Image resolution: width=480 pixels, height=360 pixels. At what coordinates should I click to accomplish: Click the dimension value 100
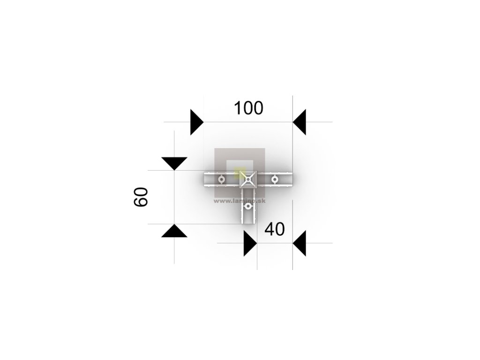click(x=248, y=108)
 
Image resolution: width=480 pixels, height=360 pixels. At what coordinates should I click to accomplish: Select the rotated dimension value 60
click(x=141, y=197)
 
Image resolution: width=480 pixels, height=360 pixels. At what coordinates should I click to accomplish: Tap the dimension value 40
click(x=275, y=229)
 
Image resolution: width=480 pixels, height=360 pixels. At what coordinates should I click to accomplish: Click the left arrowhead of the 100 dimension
click(x=196, y=122)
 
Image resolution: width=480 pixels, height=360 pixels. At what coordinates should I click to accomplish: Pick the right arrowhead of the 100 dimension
click(x=300, y=122)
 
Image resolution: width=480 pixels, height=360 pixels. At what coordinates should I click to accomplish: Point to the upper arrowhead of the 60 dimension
click(x=174, y=163)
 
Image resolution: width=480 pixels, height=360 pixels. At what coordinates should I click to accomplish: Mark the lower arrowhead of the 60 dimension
click(x=174, y=231)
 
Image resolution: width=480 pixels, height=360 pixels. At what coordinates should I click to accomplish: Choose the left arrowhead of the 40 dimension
click(x=250, y=243)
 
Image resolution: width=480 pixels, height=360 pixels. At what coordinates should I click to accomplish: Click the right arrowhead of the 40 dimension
click(x=300, y=243)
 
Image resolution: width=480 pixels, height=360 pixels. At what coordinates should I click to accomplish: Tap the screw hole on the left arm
click(x=221, y=179)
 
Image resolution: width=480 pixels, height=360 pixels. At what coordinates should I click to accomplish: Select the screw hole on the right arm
click(x=275, y=179)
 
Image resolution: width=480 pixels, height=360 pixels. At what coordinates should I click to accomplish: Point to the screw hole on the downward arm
click(x=247, y=206)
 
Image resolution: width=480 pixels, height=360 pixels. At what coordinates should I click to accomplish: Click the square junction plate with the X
click(x=247, y=179)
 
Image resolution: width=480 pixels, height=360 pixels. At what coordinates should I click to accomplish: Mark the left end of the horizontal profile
click(x=205, y=179)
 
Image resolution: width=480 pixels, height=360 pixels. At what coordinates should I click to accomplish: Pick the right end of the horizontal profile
click(x=292, y=179)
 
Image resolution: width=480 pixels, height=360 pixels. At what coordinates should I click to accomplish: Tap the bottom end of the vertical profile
click(x=247, y=223)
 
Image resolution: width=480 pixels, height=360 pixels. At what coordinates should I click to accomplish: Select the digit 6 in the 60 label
click(x=141, y=202)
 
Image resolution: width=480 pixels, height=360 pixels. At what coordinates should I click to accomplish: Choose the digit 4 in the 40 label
click(x=270, y=229)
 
